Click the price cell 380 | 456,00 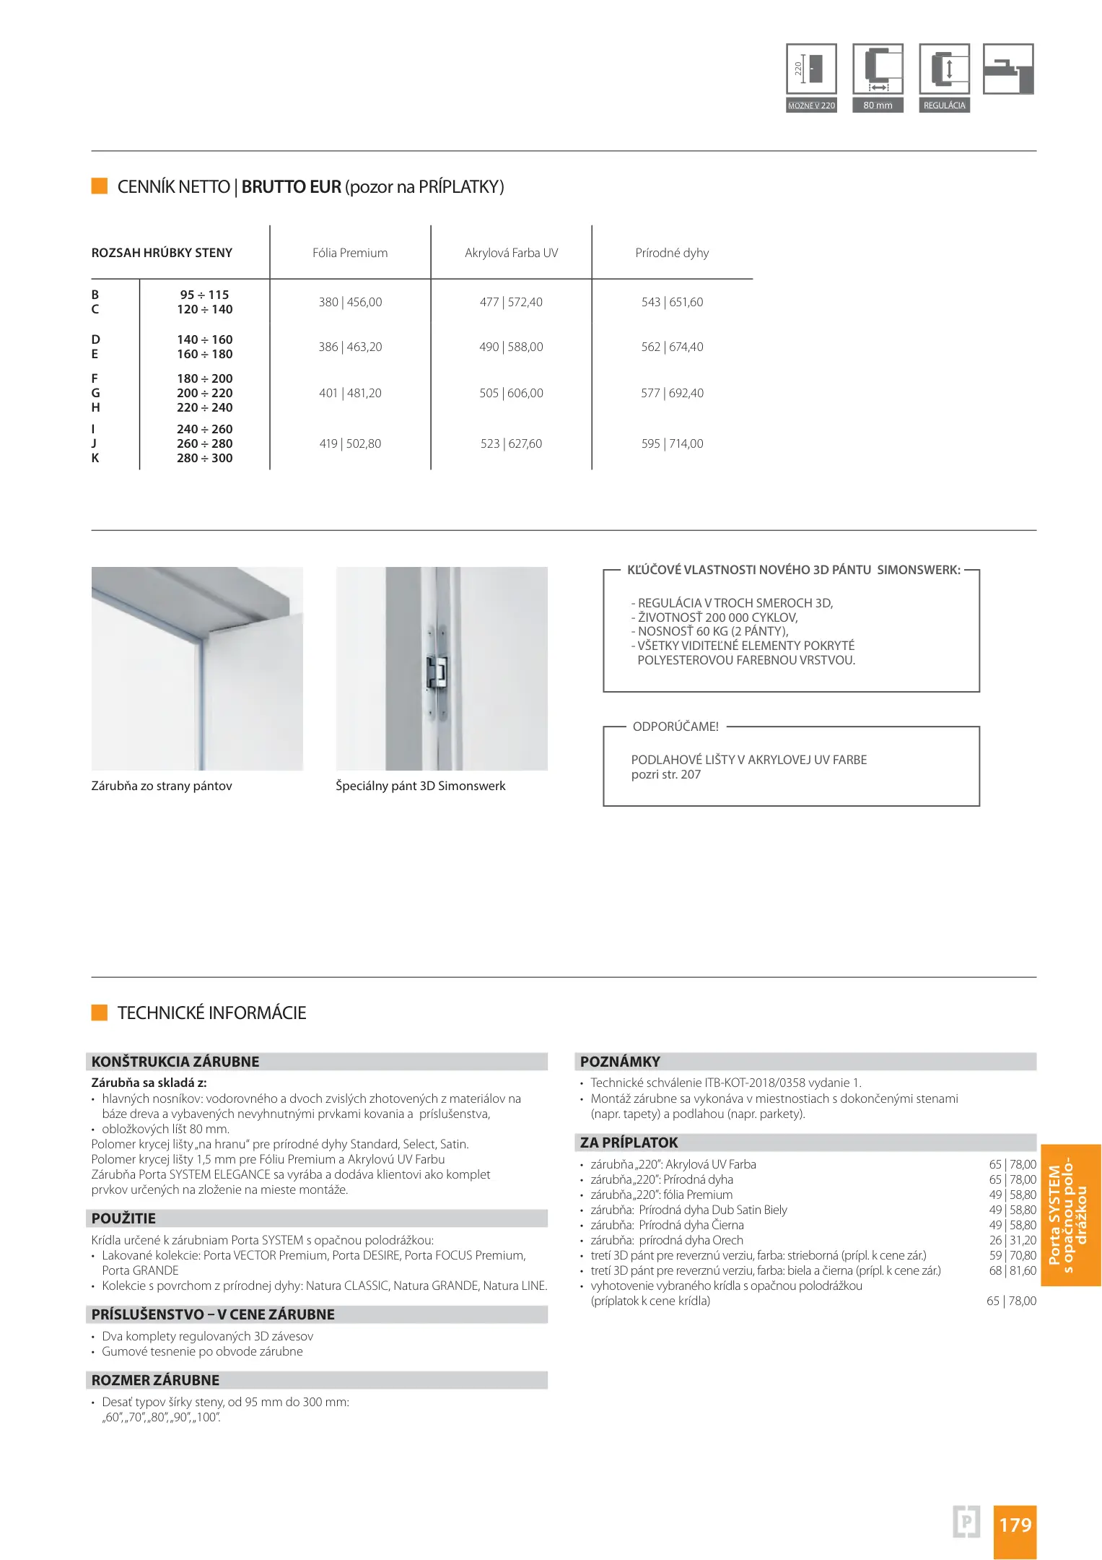350,302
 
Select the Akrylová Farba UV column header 511,253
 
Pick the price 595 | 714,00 672,443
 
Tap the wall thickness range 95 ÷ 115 204,295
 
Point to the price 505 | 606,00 511,393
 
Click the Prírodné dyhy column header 672,253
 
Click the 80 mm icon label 878,105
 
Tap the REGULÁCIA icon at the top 944,69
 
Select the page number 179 1015,1525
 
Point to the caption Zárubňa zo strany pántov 162,786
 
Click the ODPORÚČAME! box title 675,727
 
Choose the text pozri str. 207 665,774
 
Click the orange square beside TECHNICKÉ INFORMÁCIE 100,1013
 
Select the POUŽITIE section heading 123,1218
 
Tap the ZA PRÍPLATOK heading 629,1143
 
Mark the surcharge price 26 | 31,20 1013,1240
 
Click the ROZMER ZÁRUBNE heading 155,1380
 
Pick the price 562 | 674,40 672,347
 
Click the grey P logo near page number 966,1522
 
